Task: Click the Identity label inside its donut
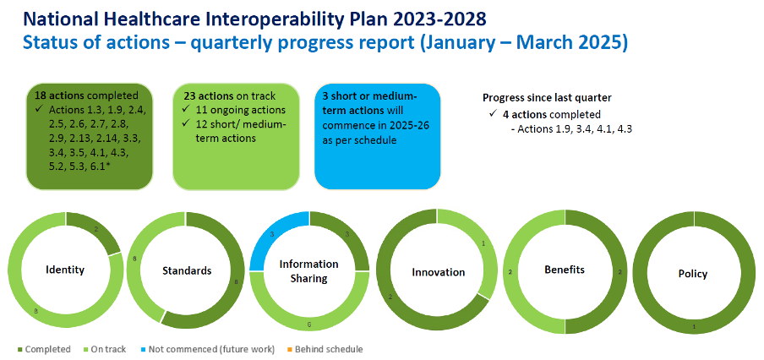(65, 270)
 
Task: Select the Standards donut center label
(187, 270)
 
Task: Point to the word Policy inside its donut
(693, 274)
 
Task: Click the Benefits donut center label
(565, 270)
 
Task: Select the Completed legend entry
(44, 349)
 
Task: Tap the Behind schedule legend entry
(325, 349)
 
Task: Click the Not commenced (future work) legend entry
(208, 349)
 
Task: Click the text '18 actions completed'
(86, 95)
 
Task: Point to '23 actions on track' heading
(230, 96)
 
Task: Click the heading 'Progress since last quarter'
(547, 97)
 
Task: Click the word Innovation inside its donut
(438, 272)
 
